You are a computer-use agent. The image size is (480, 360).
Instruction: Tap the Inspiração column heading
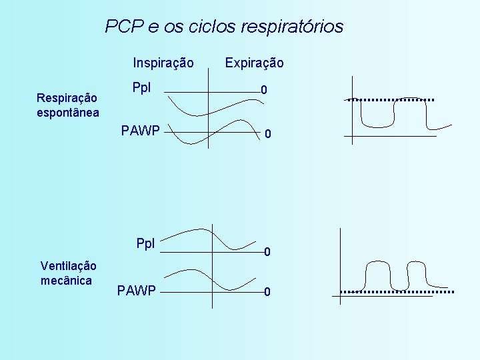tap(163, 63)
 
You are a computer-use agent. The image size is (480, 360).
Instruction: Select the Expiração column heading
tap(254, 63)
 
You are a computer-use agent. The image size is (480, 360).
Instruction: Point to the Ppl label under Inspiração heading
tap(141, 88)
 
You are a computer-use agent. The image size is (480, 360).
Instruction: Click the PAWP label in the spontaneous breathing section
tap(140, 130)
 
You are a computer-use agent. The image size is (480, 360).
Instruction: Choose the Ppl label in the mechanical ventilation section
tap(145, 243)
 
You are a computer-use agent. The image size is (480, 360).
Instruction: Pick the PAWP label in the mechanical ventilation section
tap(136, 290)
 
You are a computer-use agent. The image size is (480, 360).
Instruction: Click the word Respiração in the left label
tap(67, 98)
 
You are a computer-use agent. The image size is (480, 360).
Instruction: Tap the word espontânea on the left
tap(68, 112)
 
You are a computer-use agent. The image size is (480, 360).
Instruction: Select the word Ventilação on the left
tap(68, 266)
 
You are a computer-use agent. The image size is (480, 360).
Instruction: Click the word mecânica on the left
tap(66, 280)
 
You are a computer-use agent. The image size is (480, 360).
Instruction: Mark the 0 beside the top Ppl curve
tap(264, 90)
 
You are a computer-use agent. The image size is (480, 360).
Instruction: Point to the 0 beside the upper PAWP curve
tap(267, 135)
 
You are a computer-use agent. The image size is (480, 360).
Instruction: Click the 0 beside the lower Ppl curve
tap(266, 252)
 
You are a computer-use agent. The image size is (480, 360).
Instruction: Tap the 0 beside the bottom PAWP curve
tap(266, 292)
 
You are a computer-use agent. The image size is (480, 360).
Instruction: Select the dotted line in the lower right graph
tap(397, 292)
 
